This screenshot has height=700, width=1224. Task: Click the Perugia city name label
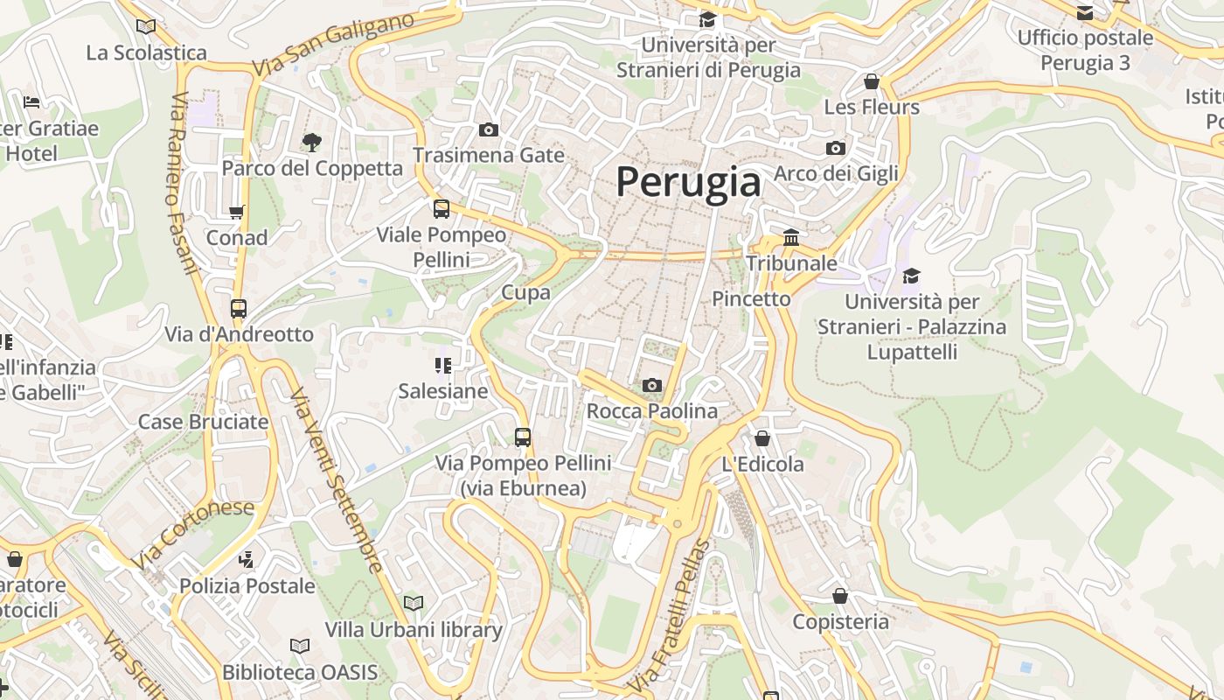click(x=688, y=182)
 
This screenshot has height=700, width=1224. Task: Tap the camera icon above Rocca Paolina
click(x=651, y=385)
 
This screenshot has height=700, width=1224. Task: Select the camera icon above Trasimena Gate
click(x=489, y=130)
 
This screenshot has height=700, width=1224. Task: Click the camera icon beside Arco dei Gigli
click(x=836, y=148)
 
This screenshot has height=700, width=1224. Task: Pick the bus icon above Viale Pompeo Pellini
click(x=442, y=209)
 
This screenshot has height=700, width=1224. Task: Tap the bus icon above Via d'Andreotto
click(x=239, y=308)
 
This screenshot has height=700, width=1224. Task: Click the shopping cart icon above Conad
click(x=236, y=212)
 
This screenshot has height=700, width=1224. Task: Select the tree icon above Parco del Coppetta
click(x=310, y=142)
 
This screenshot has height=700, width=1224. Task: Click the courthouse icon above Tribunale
click(x=791, y=237)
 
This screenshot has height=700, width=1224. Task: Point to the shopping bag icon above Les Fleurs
click(x=871, y=81)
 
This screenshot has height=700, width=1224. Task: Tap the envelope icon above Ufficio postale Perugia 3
click(x=1085, y=13)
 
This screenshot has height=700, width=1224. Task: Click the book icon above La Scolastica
click(x=146, y=27)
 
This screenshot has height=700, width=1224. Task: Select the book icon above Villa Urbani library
click(x=414, y=603)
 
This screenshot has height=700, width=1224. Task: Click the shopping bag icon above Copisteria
click(x=840, y=596)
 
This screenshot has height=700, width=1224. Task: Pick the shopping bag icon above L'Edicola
click(x=762, y=438)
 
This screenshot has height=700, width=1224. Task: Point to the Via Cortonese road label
click(x=194, y=534)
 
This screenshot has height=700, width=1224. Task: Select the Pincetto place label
click(x=751, y=298)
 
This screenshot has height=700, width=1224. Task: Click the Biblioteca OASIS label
click(x=300, y=672)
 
